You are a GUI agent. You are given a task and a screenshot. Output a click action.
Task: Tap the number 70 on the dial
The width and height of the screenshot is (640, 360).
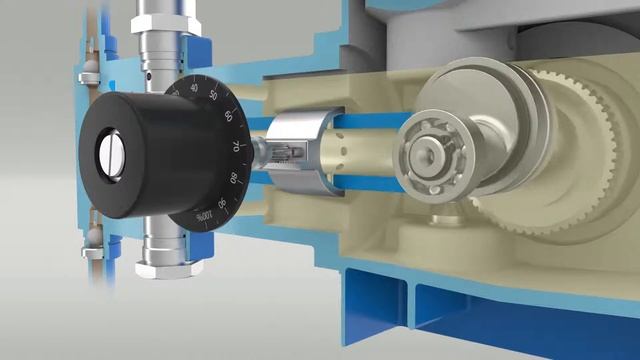pyautogui.click(x=237, y=146)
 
